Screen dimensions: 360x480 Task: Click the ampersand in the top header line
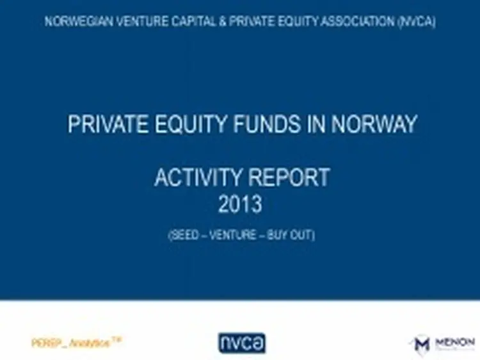(x=211, y=21)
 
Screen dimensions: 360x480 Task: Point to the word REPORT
(x=291, y=177)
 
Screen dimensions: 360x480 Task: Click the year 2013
(x=240, y=205)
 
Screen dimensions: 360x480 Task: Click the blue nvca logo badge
(x=241, y=343)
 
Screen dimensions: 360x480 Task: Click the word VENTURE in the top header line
(x=134, y=21)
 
